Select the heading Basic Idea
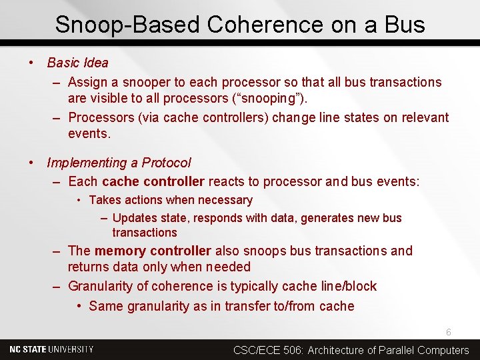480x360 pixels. [x=77, y=63]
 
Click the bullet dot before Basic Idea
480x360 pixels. [x=31, y=63]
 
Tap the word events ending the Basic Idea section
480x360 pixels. [x=89, y=133]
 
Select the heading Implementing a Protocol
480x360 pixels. [x=119, y=163]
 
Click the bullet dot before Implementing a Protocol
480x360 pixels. [x=31, y=163]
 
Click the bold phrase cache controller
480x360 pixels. [x=153, y=181]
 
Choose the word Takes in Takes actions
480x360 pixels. [x=103, y=200]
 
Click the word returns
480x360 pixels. [x=89, y=267]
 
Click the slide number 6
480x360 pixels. [x=449, y=332]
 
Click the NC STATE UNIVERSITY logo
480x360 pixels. [x=51, y=349]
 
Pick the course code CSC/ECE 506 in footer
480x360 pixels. [x=268, y=350]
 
